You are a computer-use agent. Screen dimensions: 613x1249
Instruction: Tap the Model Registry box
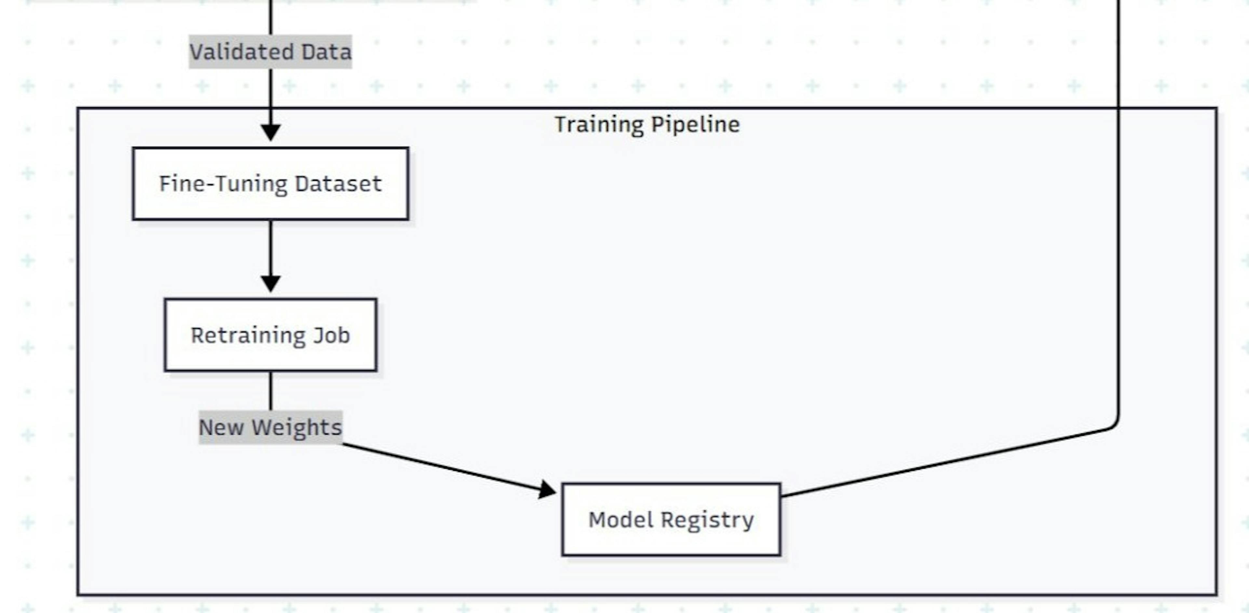click(671, 519)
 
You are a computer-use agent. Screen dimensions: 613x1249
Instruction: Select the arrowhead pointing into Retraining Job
click(271, 283)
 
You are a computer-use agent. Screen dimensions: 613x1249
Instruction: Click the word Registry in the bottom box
click(707, 520)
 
